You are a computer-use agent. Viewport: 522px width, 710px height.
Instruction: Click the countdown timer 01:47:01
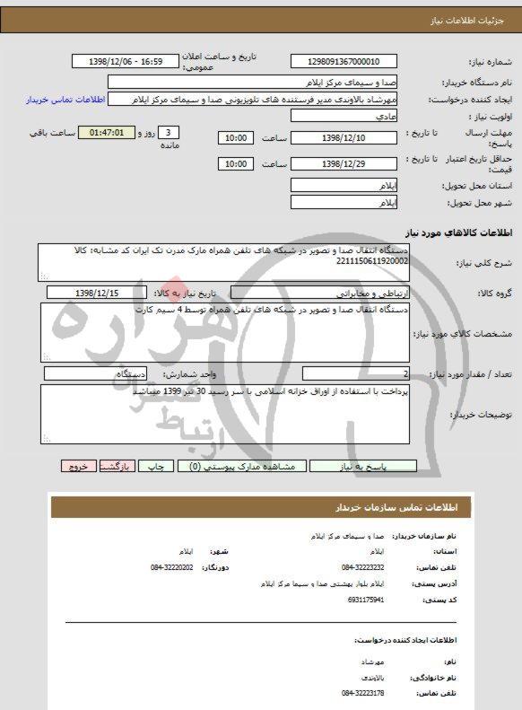tap(112, 132)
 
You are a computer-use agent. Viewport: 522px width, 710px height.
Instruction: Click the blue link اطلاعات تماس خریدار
tap(67, 100)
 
